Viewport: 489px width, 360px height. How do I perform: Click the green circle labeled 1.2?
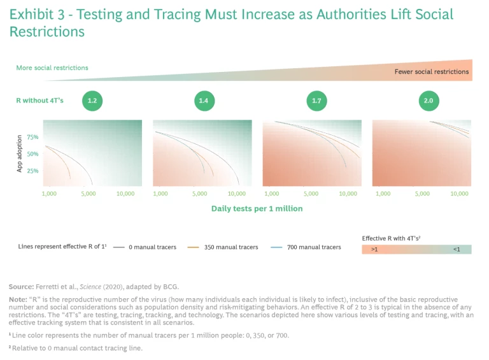[x=92, y=101]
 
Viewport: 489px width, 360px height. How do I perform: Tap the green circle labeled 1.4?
[x=204, y=101]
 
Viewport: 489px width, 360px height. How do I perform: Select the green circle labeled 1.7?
[x=316, y=101]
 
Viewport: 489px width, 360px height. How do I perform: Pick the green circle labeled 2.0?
[x=429, y=101]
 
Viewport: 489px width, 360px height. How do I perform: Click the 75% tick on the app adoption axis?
[x=33, y=137]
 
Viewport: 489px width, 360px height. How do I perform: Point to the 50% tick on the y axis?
[x=33, y=154]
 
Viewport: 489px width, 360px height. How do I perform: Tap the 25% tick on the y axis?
[x=33, y=171]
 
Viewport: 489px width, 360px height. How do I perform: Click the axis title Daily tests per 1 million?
[x=257, y=208]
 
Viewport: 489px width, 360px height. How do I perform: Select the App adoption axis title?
[x=19, y=154]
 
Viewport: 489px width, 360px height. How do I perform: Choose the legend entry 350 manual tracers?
[x=230, y=247]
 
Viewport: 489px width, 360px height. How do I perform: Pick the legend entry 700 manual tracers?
[x=313, y=247]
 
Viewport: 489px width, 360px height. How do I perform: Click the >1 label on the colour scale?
[x=375, y=250]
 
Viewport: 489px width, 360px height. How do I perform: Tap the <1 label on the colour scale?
[x=457, y=250]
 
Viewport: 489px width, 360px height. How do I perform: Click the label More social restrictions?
[x=52, y=68]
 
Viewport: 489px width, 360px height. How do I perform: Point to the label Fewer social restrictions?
[x=432, y=72]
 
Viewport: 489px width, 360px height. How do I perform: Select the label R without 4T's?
[x=39, y=100]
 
